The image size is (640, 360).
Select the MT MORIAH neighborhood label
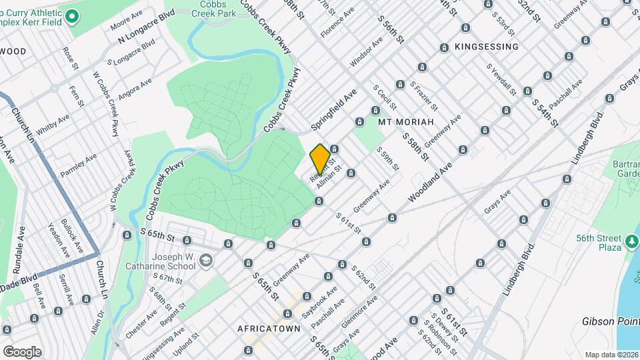pyautogui.click(x=406, y=122)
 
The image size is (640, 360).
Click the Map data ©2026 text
pyautogui.click(x=611, y=355)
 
